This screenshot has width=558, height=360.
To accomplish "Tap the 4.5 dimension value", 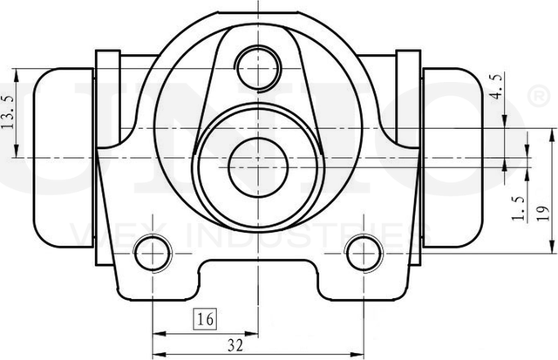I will [498, 88].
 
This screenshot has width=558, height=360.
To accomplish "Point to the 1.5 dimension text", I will [518, 209].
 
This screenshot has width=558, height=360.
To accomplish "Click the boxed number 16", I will [205, 319].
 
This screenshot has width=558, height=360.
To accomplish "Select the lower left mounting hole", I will [152, 254].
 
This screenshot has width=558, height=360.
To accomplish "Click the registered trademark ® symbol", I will [540, 92].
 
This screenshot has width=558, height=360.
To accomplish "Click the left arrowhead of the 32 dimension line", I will [157, 332].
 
